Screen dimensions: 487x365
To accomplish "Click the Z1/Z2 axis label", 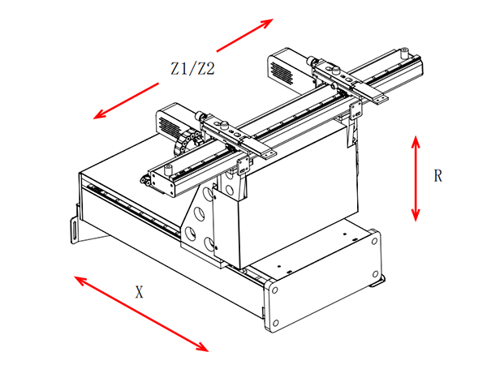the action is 192,69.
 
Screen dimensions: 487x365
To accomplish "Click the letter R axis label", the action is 437,176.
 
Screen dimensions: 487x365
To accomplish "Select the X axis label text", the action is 139,292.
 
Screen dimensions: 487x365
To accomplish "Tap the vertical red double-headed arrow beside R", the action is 416,178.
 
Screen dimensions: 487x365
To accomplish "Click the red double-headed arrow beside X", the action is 141,314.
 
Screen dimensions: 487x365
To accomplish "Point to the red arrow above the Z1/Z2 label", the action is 245,35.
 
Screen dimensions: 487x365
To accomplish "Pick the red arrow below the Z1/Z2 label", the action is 126,101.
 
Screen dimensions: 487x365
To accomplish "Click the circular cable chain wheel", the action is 187,144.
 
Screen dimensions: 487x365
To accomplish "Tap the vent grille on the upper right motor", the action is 282,74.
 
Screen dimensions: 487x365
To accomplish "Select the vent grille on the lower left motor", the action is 170,127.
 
